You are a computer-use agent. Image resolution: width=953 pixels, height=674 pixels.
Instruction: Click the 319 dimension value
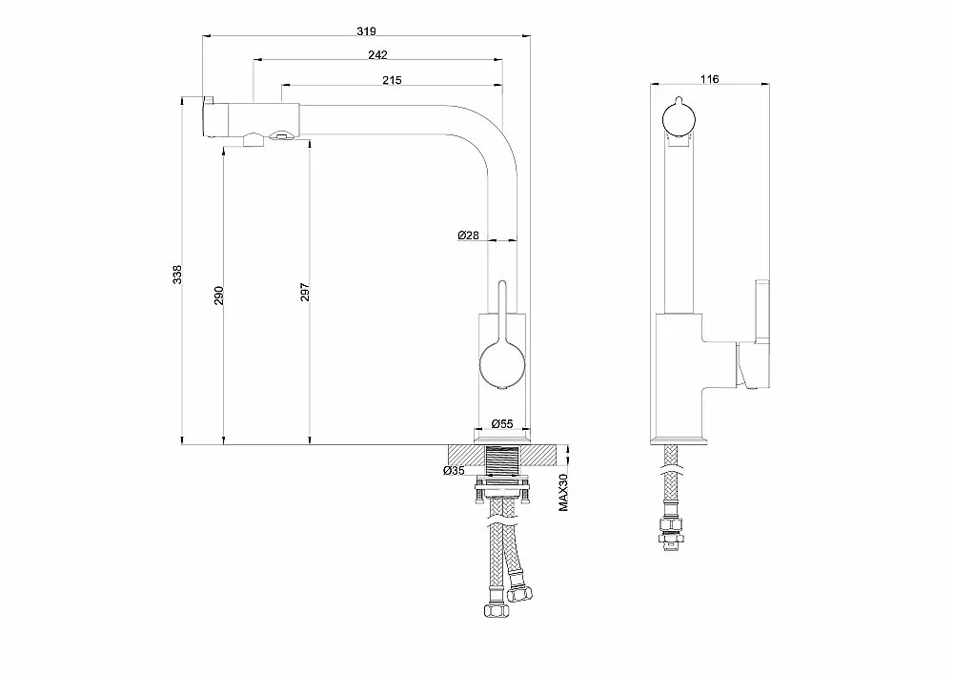pyautogui.click(x=366, y=31)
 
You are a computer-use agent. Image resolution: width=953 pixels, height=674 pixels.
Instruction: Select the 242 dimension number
pyautogui.click(x=377, y=55)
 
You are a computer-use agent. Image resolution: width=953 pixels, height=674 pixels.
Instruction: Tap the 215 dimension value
pyautogui.click(x=392, y=80)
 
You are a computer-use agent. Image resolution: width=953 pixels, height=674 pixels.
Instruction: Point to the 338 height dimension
pyautogui.click(x=177, y=275)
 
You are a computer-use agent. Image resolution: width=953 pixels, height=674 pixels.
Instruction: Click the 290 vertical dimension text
pyautogui.click(x=219, y=296)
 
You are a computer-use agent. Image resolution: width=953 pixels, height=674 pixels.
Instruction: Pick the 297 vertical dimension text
pyautogui.click(x=305, y=293)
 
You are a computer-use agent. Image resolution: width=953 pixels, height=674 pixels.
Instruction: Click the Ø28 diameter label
pyautogui.click(x=469, y=235)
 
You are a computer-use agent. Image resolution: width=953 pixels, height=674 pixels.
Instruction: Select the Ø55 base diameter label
pyautogui.click(x=502, y=423)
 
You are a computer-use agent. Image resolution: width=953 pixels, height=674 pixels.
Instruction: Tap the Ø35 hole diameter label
pyautogui.click(x=454, y=470)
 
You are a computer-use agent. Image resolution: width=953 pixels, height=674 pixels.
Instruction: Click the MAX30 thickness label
pyautogui.click(x=563, y=492)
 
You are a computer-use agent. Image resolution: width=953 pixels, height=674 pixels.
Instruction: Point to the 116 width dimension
pyautogui.click(x=709, y=79)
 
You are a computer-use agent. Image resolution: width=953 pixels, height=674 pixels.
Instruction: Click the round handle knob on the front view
pyautogui.click(x=502, y=365)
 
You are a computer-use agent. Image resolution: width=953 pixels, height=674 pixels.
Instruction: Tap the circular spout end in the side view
pyautogui.click(x=678, y=118)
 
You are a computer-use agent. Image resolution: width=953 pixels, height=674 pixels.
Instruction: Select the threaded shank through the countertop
pyautogui.click(x=502, y=463)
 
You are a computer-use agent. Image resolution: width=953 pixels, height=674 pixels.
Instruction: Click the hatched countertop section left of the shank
pyautogui.click(x=467, y=456)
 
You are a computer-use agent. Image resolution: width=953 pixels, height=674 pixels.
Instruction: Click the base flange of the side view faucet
pyautogui.click(x=678, y=440)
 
